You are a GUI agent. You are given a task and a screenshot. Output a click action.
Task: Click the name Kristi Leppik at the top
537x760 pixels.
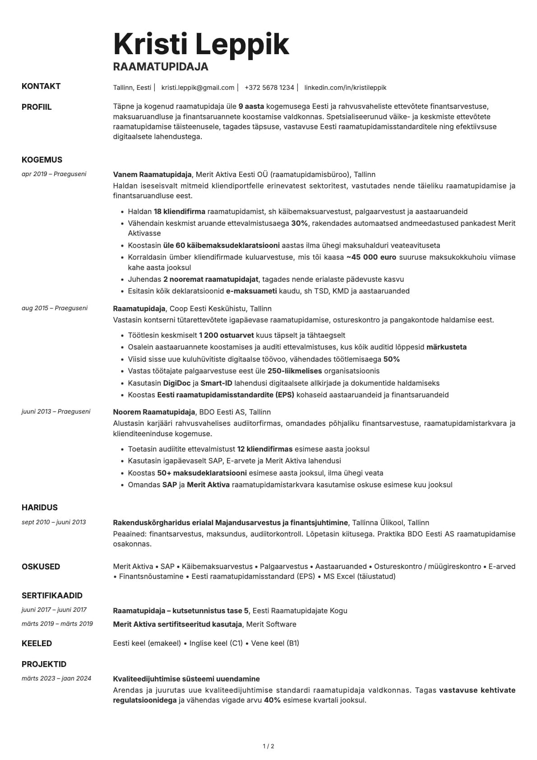coord(201,44)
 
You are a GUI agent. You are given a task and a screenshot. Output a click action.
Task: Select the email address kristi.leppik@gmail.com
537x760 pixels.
coord(198,88)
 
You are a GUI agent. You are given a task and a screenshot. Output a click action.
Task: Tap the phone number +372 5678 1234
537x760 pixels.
coord(269,88)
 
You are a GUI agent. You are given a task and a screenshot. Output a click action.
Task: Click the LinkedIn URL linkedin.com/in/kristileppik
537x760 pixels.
coord(345,88)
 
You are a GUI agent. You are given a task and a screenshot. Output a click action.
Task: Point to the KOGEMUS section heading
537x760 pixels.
coord(42,160)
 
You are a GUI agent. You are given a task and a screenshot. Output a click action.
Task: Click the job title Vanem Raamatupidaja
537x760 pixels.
coord(153,174)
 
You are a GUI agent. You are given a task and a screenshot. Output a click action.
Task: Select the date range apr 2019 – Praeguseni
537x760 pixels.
coord(54,174)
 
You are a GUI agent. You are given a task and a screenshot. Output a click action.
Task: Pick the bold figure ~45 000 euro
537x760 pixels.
coord(371,257)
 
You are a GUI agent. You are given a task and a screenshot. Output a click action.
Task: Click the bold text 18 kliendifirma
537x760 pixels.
coord(179,211)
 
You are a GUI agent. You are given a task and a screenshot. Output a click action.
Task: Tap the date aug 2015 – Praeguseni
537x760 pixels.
coord(55,308)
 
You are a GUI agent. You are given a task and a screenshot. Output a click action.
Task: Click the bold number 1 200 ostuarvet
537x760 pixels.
coord(226,335)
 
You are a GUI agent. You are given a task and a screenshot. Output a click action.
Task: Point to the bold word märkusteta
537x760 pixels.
coord(446,347)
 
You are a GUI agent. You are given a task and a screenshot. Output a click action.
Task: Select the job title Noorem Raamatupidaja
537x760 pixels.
coord(154,412)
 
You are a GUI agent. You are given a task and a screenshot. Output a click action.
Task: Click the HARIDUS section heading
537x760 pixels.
coord(40,508)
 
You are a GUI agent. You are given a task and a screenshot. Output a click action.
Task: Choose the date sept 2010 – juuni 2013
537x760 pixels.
coord(54,522)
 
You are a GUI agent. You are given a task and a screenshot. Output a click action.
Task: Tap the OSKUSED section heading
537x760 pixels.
coord(41,567)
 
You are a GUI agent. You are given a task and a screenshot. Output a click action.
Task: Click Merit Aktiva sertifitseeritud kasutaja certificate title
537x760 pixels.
coord(178,624)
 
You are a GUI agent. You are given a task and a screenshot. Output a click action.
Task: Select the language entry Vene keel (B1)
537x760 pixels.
coord(275,643)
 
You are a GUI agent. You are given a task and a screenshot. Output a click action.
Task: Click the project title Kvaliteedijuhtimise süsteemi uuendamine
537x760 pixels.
coord(186,679)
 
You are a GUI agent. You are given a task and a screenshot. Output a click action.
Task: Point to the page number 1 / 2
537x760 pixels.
coord(268,746)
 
